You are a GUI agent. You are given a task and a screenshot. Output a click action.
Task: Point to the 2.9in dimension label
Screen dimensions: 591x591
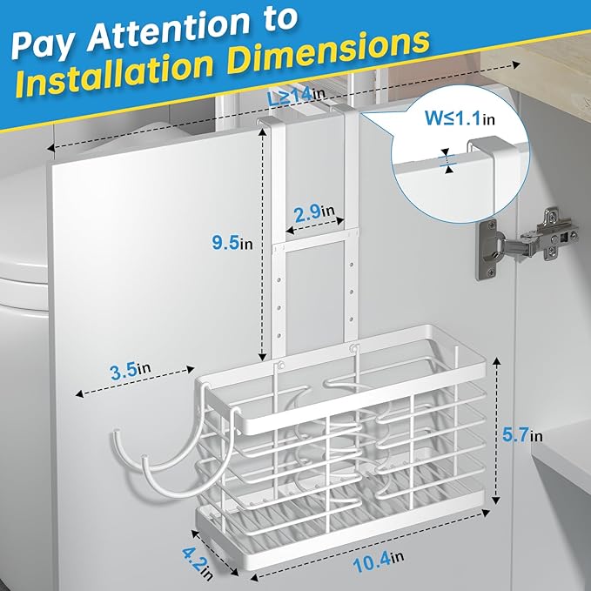click(x=314, y=213)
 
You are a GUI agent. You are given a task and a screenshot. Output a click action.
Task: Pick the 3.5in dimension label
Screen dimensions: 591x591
click(x=131, y=370)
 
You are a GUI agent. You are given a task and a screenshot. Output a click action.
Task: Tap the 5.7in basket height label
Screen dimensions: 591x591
click(x=522, y=435)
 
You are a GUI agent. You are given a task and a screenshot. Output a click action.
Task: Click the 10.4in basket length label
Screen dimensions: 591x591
click(x=378, y=561)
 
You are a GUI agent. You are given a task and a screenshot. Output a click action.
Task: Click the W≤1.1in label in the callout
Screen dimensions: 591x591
click(x=460, y=118)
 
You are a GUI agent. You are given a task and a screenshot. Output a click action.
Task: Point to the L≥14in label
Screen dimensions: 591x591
click(x=296, y=96)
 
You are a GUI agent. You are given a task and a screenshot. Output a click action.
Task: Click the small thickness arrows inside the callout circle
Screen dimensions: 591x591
click(x=447, y=161)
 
